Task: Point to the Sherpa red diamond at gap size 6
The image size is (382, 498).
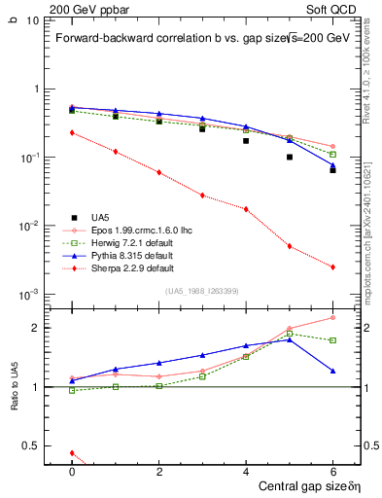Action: (x=332, y=267)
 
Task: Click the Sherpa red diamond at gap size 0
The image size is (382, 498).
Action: (x=72, y=132)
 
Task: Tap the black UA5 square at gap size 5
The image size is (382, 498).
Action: (x=290, y=157)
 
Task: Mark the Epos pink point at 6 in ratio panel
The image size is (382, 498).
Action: (x=332, y=317)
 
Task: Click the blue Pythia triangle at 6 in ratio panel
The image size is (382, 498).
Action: (x=332, y=371)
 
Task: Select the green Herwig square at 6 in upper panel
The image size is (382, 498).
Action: (x=332, y=154)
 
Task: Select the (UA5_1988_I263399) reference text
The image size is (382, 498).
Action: (x=202, y=292)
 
